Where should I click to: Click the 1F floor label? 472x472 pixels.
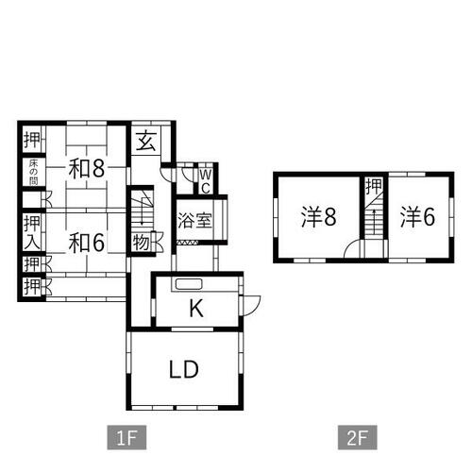click(x=126, y=437)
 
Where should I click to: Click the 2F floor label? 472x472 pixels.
click(x=358, y=437)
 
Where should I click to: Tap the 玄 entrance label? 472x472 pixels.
click(x=146, y=141)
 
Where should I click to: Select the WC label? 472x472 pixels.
click(x=206, y=181)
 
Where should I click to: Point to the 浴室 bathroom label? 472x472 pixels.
click(x=194, y=220)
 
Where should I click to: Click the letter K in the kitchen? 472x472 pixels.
click(x=196, y=309)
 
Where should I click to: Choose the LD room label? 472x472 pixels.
click(x=184, y=369)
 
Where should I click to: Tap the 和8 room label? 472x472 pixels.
click(x=87, y=168)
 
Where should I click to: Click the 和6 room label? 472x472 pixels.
click(x=87, y=243)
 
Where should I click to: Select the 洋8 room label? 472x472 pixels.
click(x=318, y=216)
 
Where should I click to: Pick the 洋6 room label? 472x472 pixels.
click(x=418, y=217)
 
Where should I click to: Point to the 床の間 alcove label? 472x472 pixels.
click(x=33, y=173)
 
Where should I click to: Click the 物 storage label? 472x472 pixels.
click(x=141, y=243)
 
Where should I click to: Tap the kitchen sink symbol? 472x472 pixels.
click(x=189, y=284)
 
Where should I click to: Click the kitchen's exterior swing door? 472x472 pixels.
click(x=252, y=306)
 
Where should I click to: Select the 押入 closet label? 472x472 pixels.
click(x=32, y=233)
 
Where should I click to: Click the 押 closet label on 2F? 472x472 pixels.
click(x=374, y=186)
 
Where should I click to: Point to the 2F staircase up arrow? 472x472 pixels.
click(x=374, y=222)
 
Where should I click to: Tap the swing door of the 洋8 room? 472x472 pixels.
click(x=352, y=248)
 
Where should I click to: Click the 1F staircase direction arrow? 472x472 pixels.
click(x=143, y=210)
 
